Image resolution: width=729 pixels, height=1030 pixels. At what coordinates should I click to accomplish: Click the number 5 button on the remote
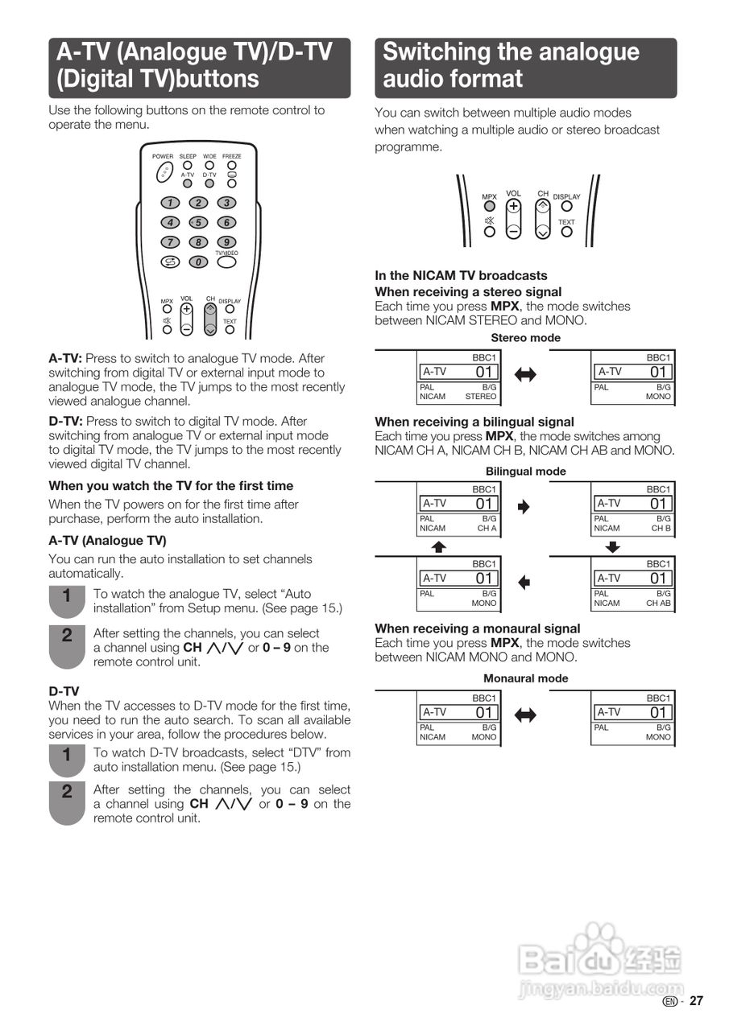pos(198,222)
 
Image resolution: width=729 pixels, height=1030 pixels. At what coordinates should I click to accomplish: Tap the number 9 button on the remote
pos(227,241)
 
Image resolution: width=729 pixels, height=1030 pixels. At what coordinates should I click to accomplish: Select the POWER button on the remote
pos(164,171)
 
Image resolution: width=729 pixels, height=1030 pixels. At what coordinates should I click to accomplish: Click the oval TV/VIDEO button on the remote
pos(227,261)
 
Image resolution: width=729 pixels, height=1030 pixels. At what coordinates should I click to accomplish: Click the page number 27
pos(696,1001)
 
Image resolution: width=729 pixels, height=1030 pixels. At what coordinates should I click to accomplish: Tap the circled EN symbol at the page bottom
pos(670,1001)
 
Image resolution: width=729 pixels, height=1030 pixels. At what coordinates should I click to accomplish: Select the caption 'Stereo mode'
pos(525,338)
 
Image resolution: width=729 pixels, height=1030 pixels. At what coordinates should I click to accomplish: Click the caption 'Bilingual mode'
pos(525,472)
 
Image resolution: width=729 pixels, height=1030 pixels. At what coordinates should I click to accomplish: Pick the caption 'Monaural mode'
pos(525,678)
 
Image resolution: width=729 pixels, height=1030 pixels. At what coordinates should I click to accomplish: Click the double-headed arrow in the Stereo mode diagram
pos(525,374)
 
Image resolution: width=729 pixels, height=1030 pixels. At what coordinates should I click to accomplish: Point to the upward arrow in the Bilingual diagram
pos(438,547)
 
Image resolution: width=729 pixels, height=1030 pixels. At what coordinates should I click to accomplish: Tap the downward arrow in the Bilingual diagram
pos(613,547)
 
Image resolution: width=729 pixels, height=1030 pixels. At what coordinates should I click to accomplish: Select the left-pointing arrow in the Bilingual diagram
pos(524,582)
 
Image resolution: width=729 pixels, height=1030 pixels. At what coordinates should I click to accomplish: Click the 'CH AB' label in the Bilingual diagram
pos(660,603)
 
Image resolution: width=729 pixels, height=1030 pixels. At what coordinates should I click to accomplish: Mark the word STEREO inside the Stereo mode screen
pos(481,397)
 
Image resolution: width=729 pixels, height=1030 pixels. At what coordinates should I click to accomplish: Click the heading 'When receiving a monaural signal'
pos(477,628)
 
